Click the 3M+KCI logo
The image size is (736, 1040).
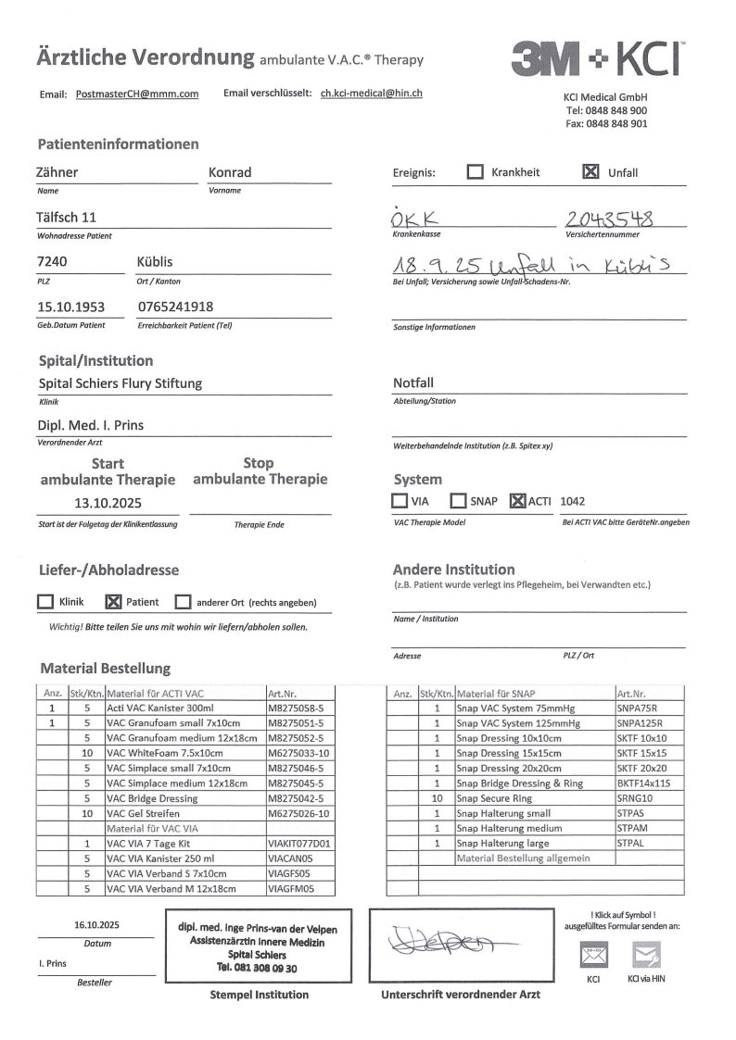click(597, 59)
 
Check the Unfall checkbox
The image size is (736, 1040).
click(590, 172)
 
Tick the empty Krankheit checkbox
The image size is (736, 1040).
click(475, 172)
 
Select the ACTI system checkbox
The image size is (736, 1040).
click(518, 501)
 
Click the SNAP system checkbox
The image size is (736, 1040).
click(458, 501)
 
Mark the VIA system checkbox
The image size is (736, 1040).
click(400, 501)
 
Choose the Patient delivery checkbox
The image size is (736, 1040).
click(113, 602)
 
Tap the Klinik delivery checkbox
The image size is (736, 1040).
click(44, 602)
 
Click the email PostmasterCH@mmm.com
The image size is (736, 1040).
click(137, 94)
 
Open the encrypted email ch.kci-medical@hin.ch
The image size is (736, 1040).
click(372, 94)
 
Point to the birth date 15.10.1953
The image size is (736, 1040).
click(70, 307)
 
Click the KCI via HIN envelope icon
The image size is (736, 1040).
click(645, 954)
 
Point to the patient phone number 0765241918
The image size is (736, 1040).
click(175, 307)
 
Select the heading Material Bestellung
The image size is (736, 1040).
click(105, 668)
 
